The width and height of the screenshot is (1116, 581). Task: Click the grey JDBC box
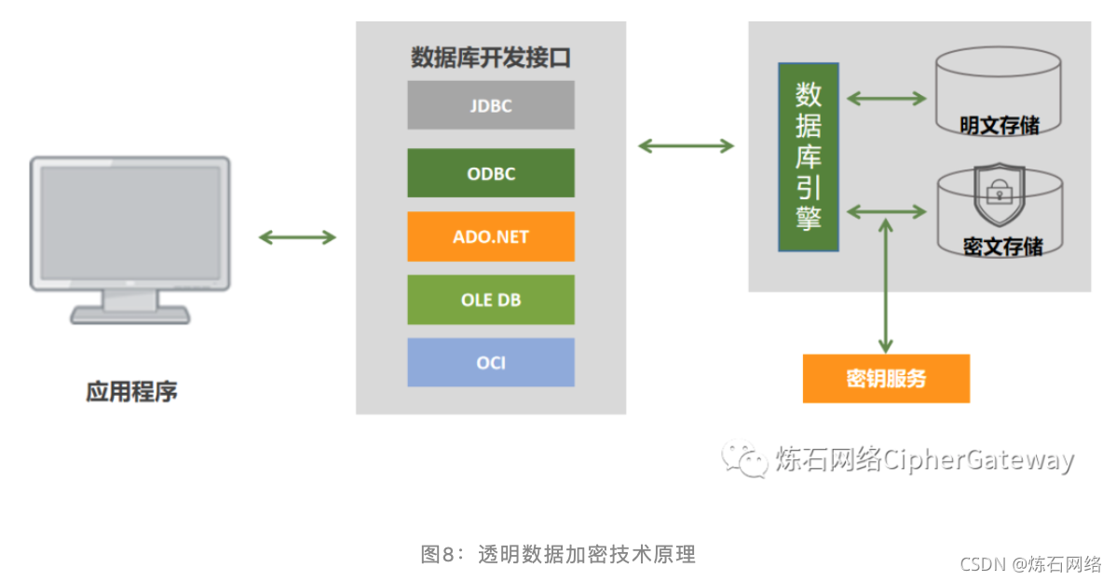[x=490, y=105]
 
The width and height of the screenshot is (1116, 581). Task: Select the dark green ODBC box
[x=490, y=173]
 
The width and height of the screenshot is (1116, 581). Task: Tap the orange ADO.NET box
[x=490, y=236]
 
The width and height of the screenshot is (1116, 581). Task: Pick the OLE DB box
[x=490, y=300]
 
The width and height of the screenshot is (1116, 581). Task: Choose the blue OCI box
[x=490, y=362]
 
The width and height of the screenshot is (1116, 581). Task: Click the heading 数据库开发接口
[x=490, y=58]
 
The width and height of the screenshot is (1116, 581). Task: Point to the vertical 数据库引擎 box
[x=809, y=157]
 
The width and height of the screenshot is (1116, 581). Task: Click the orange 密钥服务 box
[x=886, y=379]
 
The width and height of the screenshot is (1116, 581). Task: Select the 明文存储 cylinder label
[x=1000, y=125]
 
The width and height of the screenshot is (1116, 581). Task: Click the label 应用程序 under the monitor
[x=131, y=392]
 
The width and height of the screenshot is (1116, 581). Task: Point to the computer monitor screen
[x=129, y=221]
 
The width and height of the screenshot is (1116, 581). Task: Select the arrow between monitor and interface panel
[x=297, y=237]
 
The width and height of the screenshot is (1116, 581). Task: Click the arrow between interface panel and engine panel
[x=686, y=145]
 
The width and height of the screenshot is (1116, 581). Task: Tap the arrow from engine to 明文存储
[x=886, y=98]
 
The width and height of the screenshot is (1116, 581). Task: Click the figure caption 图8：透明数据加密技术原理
[x=558, y=555]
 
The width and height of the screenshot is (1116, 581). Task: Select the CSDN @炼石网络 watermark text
[x=1030, y=564]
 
